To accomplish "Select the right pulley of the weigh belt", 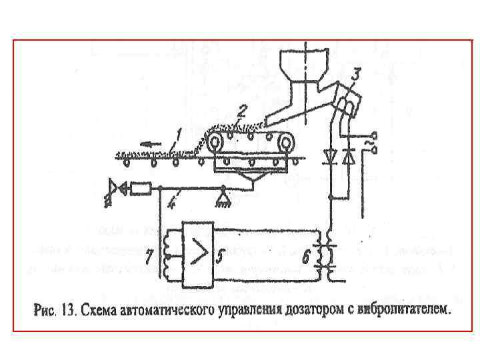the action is [286, 142].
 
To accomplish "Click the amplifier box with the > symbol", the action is [197, 252].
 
